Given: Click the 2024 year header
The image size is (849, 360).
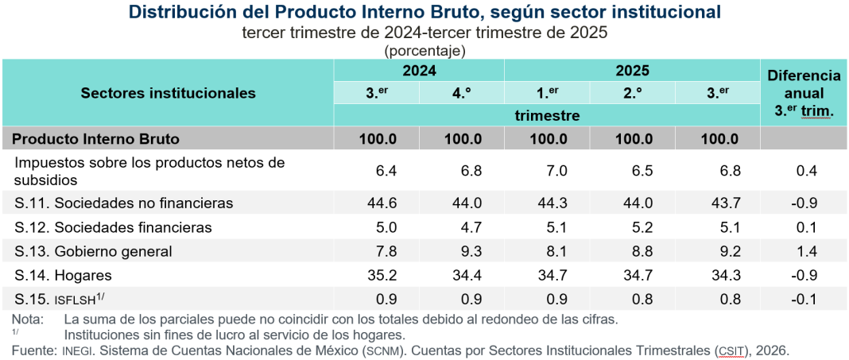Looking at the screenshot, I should (419, 71).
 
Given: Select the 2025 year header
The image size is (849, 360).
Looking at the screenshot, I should (632, 71).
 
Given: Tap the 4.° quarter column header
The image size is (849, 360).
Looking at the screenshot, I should (462, 93).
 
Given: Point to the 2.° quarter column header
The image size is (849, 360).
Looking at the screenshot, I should (633, 93).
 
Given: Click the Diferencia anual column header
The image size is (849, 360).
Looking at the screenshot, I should (804, 93).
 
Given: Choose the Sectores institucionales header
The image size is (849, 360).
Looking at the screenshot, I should (169, 93).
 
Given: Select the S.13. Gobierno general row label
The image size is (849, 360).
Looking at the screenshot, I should (94, 252).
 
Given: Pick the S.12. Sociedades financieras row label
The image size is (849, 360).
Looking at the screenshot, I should (114, 227).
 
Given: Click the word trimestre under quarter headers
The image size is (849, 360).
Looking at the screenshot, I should (547, 115).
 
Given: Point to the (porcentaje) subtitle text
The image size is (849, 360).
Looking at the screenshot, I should (424, 50).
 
